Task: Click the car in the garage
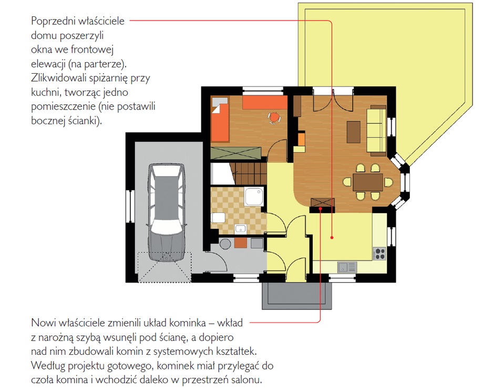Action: click(x=166, y=212)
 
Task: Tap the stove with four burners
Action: click(x=380, y=253)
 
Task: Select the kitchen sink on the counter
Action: click(x=347, y=267)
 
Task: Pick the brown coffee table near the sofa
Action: click(x=354, y=132)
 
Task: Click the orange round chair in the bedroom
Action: click(x=274, y=117)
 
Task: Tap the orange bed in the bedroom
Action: click(x=220, y=119)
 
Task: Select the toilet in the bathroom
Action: click(x=218, y=217)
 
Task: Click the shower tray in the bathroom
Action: click(x=254, y=196)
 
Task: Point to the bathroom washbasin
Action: click(x=240, y=228)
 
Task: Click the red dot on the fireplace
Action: click(x=320, y=209)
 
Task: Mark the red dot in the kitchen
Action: click(x=332, y=238)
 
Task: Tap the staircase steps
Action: click(x=248, y=174)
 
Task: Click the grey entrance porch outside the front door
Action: click(x=297, y=295)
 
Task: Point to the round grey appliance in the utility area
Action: click(x=225, y=244)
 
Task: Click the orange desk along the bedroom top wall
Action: click(x=265, y=103)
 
